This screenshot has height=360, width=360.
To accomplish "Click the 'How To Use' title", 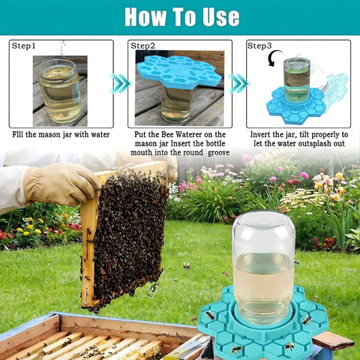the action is pyautogui.click(x=182, y=16).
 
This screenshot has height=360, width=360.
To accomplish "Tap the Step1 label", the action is pyautogui.click(x=23, y=46).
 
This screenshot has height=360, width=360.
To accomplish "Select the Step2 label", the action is pyautogui.click(x=142, y=46).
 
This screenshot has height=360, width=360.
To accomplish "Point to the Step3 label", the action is pyautogui.click(x=259, y=46).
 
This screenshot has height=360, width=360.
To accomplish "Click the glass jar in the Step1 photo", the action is pyautogui.click(x=59, y=91).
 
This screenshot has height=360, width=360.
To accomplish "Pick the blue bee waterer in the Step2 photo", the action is pyautogui.click(x=179, y=72).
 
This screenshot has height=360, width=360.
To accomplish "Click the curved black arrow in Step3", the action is pyautogui.click(x=274, y=58).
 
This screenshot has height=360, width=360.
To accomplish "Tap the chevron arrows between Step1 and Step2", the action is pyautogui.click(x=121, y=83).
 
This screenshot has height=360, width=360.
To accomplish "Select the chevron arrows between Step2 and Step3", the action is pyautogui.click(x=238, y=83).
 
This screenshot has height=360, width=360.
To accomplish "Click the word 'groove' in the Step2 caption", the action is pyautogui.click(x=218, y=153).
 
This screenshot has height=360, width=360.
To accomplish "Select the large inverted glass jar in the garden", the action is pyautogui.click(x=263, y=268).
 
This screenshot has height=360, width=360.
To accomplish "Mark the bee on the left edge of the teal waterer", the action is pyautogui.click(x=210, y=316).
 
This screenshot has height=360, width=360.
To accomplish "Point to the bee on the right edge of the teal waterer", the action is pyautogui.click(x=307, y=319).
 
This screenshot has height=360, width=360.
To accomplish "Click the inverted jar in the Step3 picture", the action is pyautogui.click(x=297, y=80).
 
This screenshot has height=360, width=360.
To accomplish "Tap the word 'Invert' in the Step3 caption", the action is pyautogui.click(x=260, y=134).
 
